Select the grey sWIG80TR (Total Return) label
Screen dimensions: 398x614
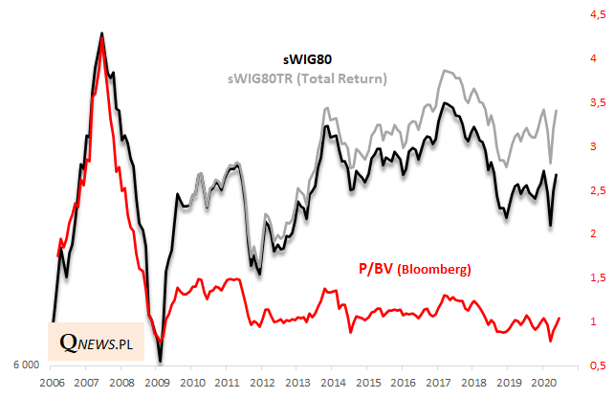coord(307,77)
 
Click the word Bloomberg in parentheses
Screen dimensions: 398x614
coord(436,271)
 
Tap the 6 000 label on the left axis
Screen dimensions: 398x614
coord(25,365)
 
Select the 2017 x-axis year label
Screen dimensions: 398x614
coord(438,383)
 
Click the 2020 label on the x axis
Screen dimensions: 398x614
coord(542,383)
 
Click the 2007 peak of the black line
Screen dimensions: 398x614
coord(102,33)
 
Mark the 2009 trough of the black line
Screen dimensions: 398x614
coord(160,361)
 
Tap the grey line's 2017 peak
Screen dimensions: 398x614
coord(443,71)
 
